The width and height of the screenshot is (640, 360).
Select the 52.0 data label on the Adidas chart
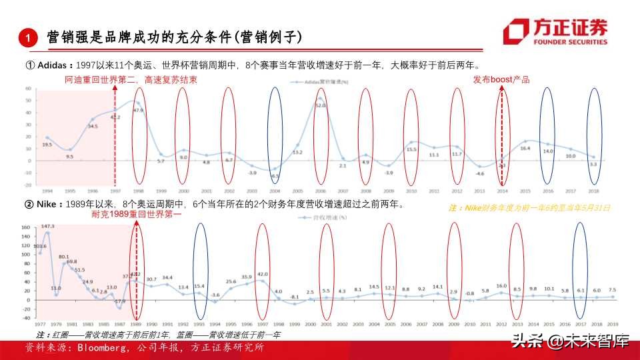click(x=320, y=105)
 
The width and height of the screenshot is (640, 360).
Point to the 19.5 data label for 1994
click(x=47, y=144)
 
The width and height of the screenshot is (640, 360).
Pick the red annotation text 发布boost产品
click(x=501, y=80)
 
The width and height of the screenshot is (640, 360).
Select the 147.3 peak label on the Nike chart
click(x=47, y=227)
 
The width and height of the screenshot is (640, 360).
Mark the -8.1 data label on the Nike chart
click(x=294, y=297)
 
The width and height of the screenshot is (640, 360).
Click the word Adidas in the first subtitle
click(x=53, y=65)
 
